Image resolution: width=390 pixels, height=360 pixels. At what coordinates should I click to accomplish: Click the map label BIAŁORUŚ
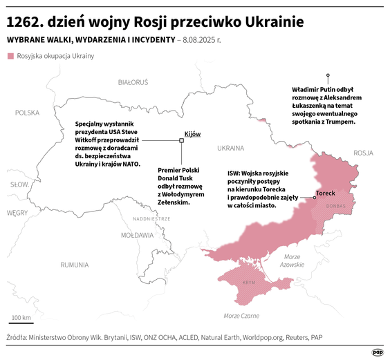(133, 82)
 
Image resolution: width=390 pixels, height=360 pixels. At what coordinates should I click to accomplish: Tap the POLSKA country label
(28, 112)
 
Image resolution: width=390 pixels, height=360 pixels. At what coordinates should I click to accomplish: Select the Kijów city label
(192, 133)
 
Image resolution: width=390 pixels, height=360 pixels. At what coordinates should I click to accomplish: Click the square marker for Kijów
(182, 140)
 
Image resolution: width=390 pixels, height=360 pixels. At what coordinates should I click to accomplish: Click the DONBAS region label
(335, 206)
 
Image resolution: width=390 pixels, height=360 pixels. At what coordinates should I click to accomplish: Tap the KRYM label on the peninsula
(249, 283)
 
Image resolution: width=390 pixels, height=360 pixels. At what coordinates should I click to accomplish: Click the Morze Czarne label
(241, 316)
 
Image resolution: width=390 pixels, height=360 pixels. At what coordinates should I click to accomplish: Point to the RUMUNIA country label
(74, 264)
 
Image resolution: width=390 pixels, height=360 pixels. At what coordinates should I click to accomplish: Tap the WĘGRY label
(17, 213)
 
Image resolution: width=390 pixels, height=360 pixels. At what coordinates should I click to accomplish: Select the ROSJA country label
(362, 153)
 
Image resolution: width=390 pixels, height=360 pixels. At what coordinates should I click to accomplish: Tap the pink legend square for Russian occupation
(10, 55)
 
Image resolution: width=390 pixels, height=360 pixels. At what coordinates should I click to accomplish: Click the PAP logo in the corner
(378, 351)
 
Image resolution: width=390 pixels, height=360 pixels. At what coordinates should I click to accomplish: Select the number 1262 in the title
(24, 21)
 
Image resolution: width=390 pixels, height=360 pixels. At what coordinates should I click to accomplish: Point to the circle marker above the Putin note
(328, 75)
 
